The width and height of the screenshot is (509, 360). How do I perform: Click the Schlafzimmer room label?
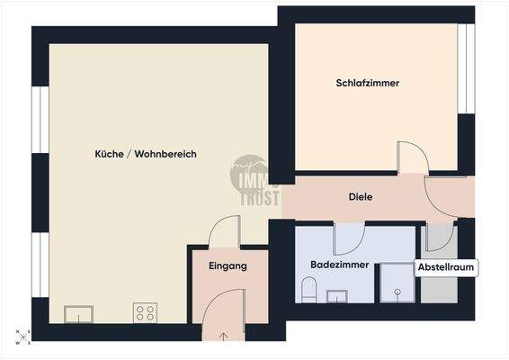367,83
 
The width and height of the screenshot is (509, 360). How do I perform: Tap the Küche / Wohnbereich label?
146,154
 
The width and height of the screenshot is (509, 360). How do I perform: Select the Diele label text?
361,196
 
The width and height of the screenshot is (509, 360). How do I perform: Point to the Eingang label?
227,266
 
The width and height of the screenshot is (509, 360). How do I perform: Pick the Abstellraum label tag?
446,267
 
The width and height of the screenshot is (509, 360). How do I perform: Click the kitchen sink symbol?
78,313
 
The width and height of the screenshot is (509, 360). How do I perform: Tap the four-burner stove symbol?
144,313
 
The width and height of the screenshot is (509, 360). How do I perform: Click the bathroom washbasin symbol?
338,296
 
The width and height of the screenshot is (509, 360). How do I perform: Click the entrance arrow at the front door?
223,336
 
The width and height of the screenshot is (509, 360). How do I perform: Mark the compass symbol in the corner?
17,337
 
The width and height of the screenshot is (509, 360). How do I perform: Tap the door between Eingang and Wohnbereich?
223,233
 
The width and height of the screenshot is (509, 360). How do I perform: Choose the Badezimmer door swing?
347,239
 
